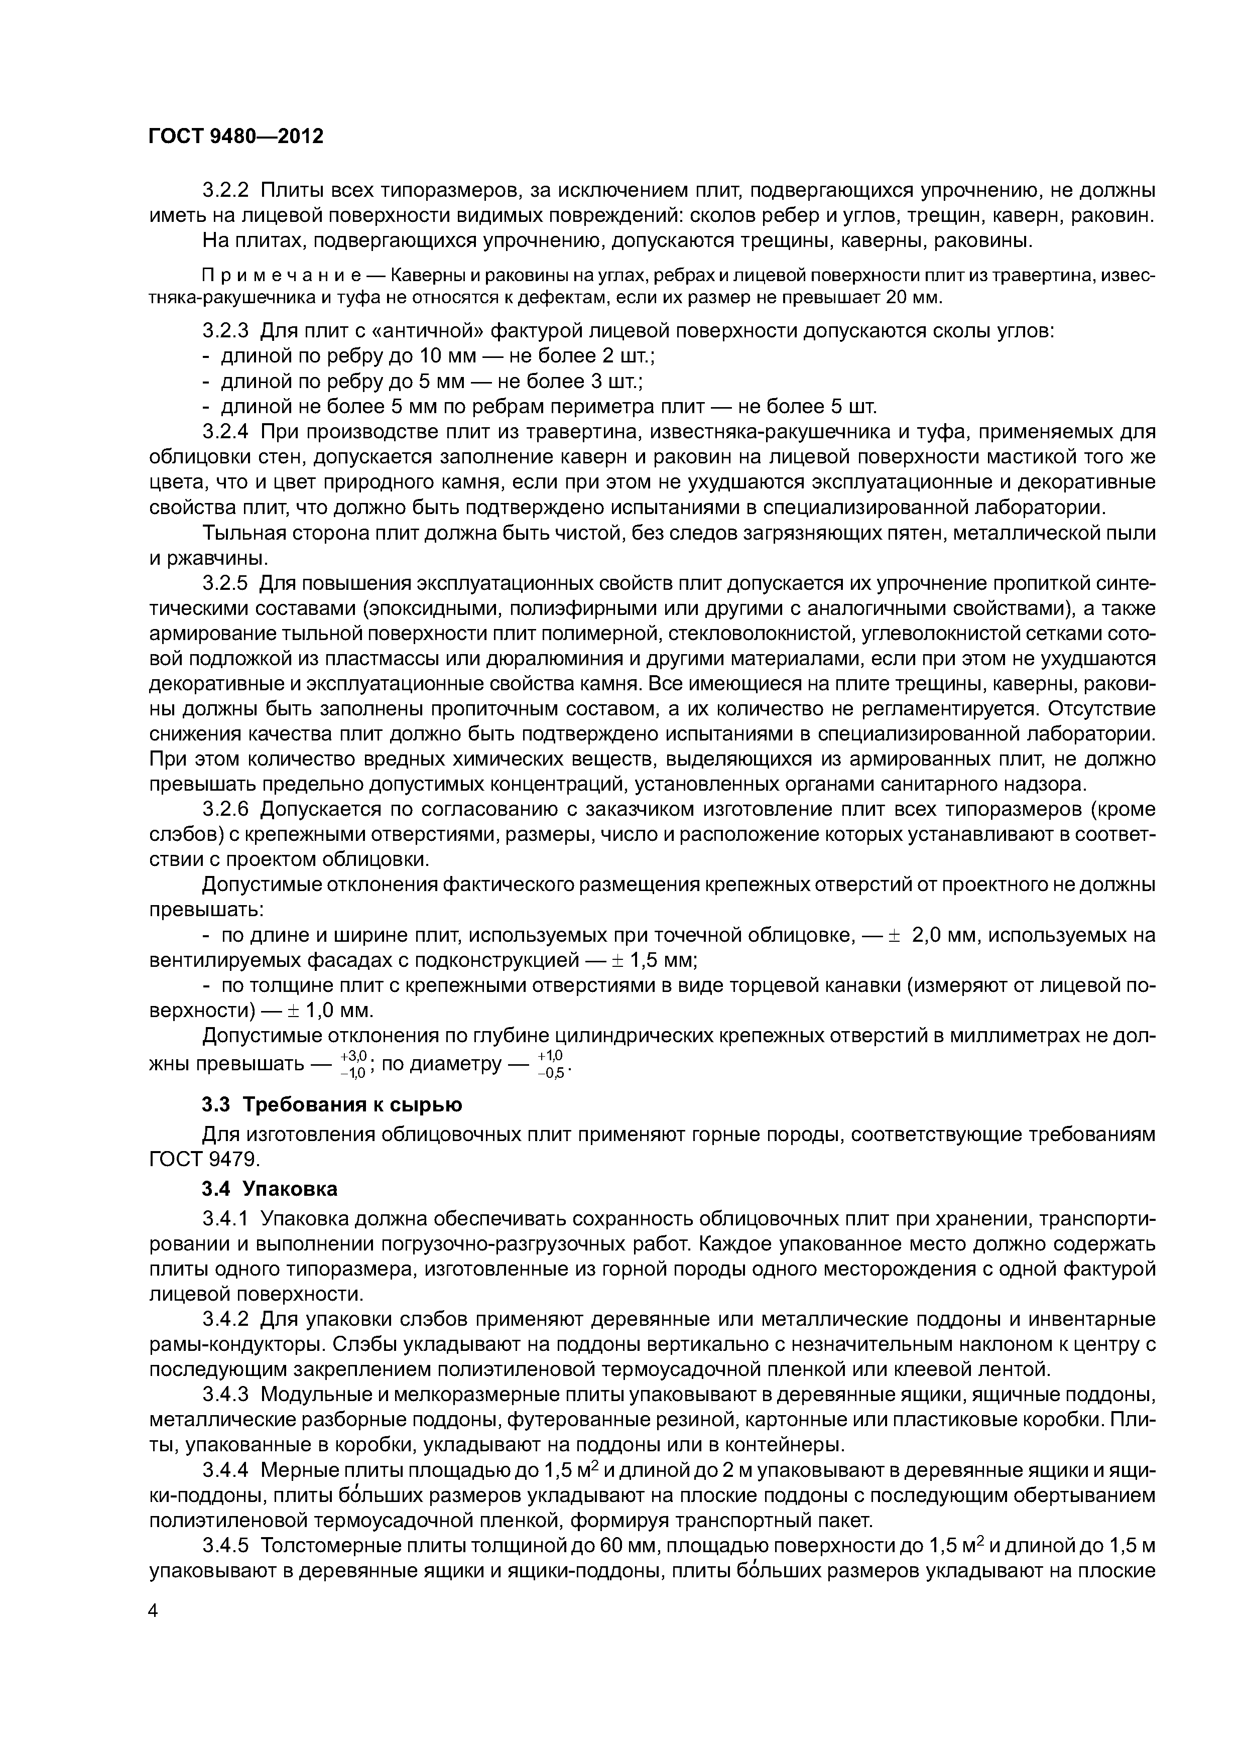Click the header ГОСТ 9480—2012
click(x=235, y=137)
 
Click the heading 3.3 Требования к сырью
click(x=332, y=1104)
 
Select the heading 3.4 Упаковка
click(x=269, y=1189)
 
